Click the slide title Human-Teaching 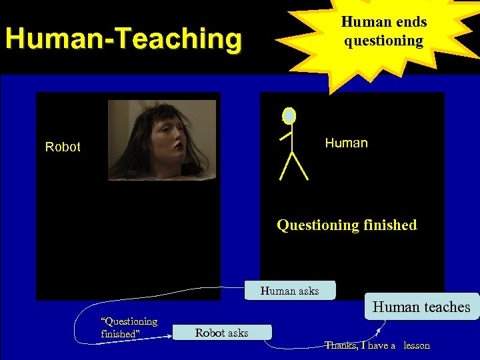(x=123, y=39)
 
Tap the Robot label (x=63, y=147)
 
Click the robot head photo (x=162, y=140)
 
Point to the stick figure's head (x=289, y=116)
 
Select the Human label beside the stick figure (x=346, y=143)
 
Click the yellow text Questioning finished (x=347, y=225)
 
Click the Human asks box (x=290, y=291)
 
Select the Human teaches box (x=421, y=307)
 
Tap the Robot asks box (x=222, y=333)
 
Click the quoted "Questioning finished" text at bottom (x=129, y=327)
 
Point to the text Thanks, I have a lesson (x=377, y=345)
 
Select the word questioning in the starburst (x=384, y=41)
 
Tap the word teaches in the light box (x=443, y=307)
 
